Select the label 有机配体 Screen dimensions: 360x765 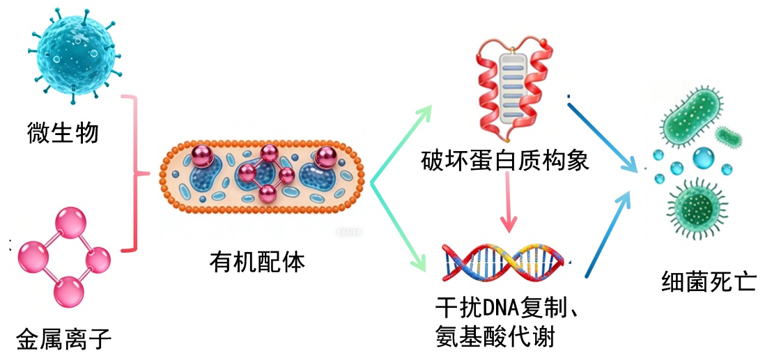coord(257,263)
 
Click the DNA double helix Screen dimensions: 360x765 coord(506,260)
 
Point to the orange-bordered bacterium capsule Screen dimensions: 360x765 coord(263,178)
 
